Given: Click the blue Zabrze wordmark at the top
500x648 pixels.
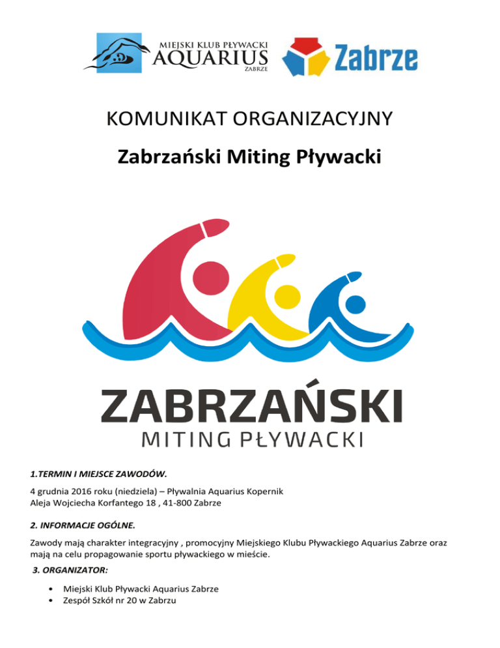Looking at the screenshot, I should [376, 59].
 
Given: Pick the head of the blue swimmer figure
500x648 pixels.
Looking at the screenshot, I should [355, 303].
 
